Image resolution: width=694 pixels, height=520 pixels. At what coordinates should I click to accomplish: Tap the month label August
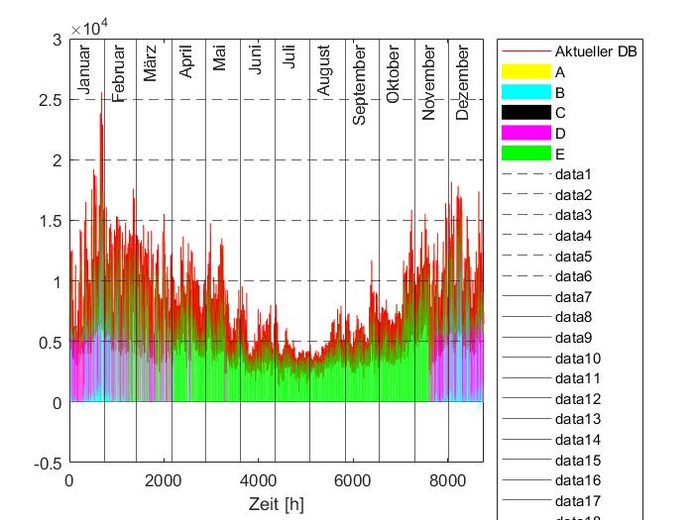coord(324,71)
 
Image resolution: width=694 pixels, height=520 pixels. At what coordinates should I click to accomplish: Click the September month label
coord(359,84)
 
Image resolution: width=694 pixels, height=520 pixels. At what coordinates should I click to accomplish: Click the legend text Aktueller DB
coord(596,52)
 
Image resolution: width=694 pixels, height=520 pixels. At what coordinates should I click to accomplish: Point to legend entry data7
coord(573,297)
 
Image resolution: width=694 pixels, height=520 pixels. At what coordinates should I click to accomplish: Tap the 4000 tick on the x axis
coord(258,481)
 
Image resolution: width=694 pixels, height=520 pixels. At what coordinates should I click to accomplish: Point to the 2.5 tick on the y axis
coord(48,100)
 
